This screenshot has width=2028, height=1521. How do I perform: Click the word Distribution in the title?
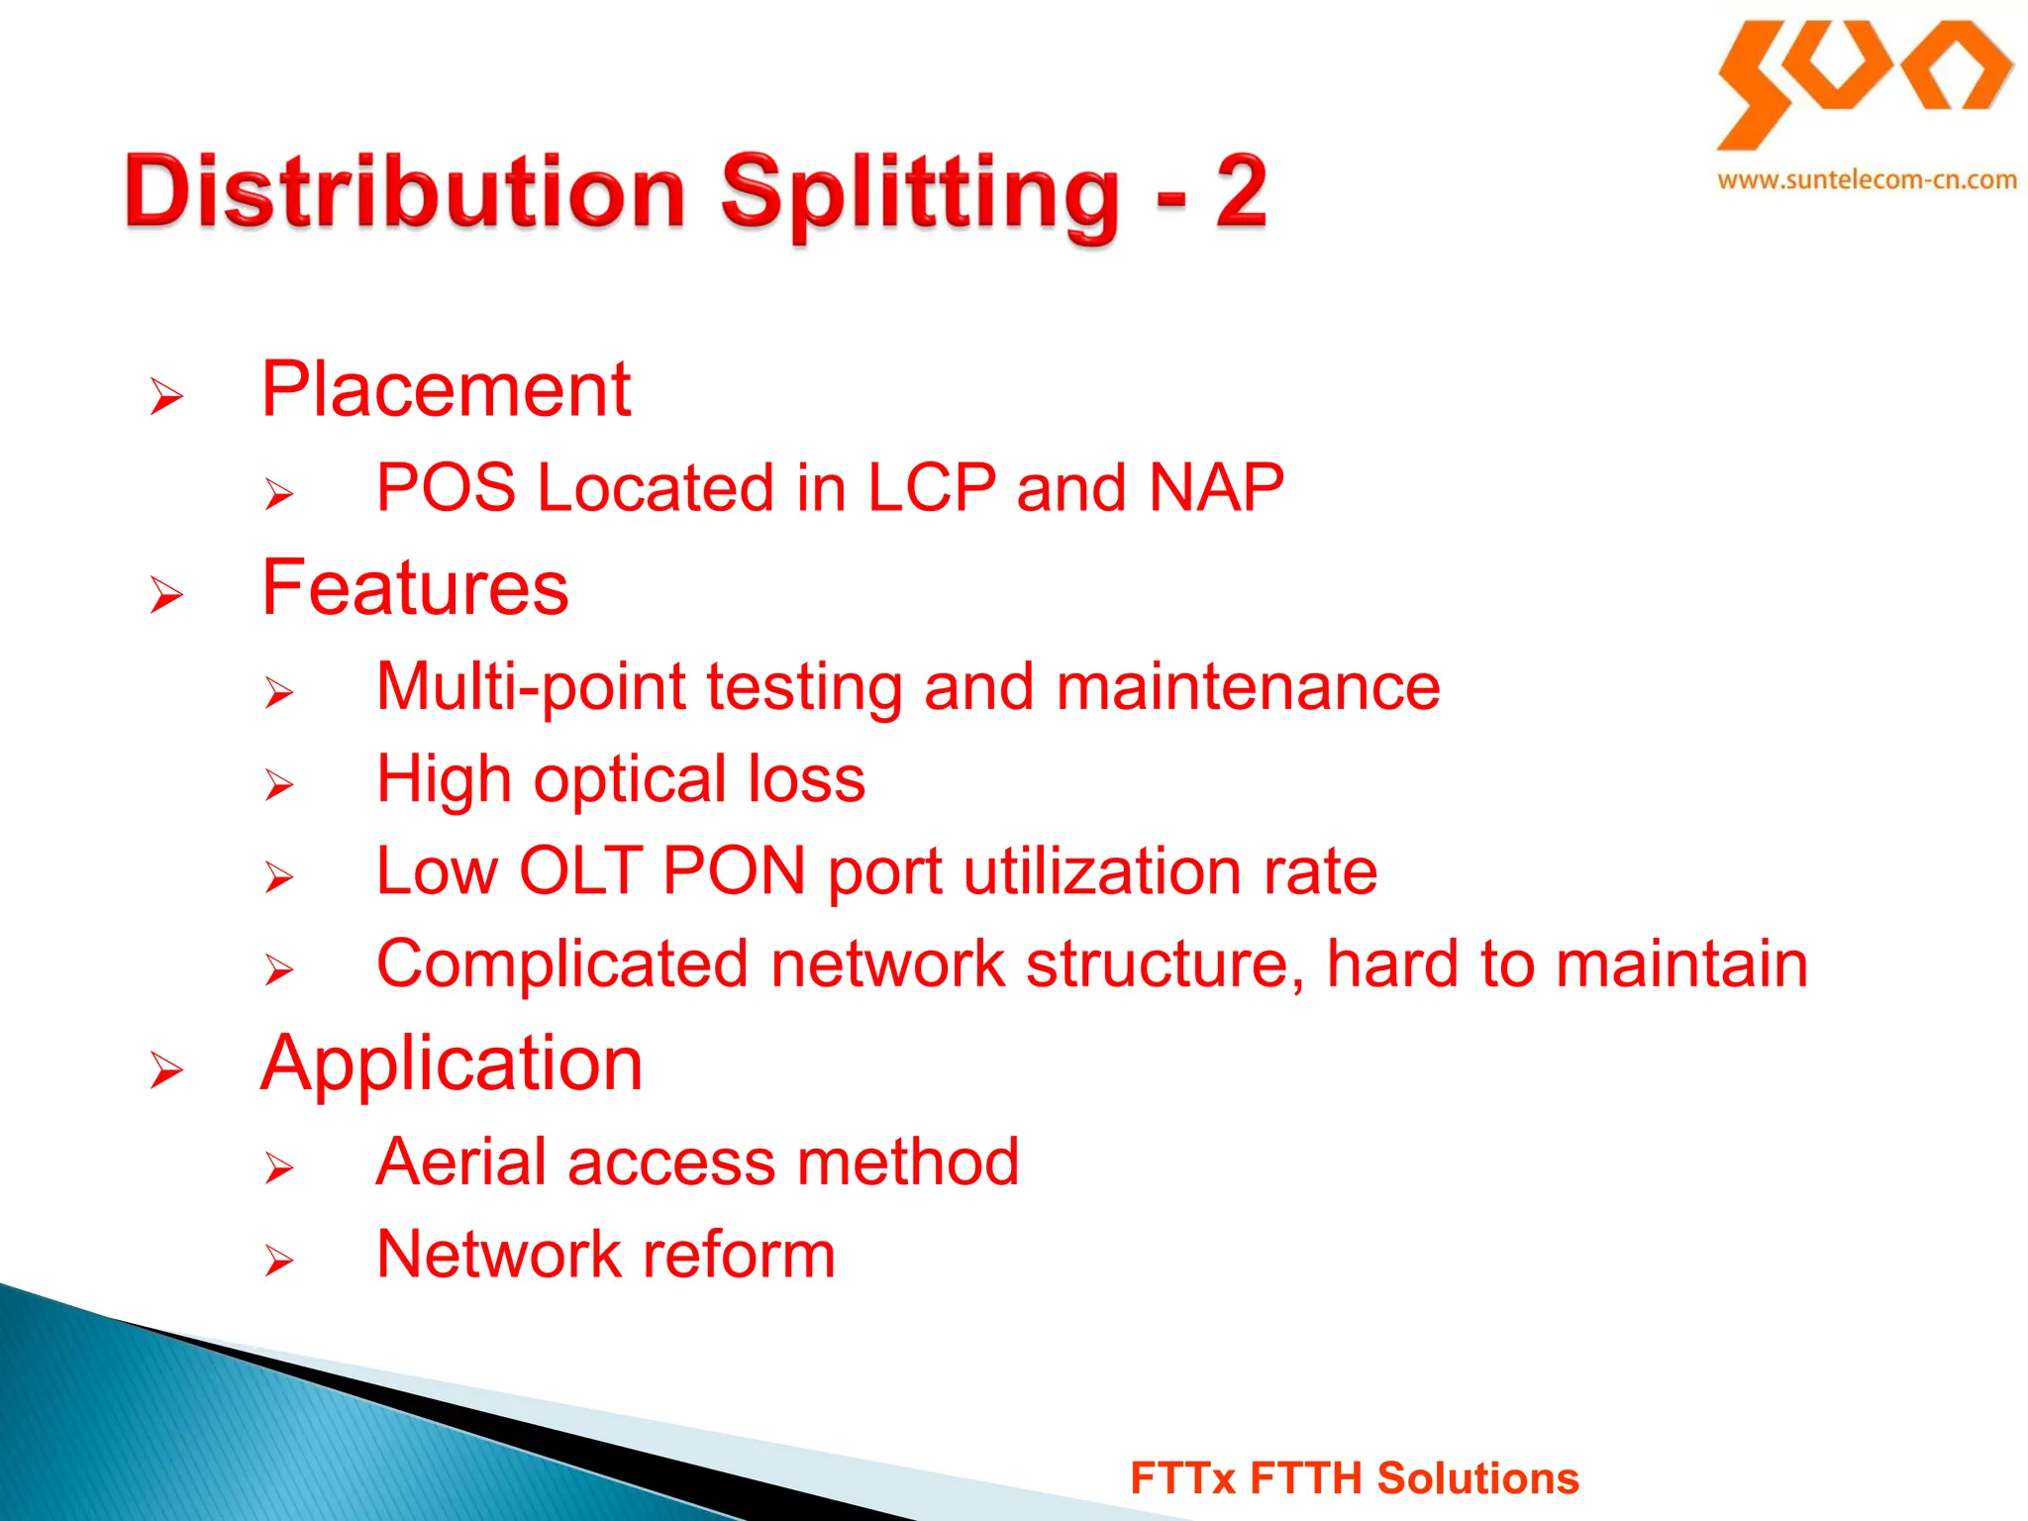click(404, 191)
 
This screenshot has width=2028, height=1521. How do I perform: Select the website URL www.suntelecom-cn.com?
click(1867, 180)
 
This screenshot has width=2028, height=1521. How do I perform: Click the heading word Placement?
click(446, 389)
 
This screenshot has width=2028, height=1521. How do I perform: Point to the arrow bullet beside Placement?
click(166, 396)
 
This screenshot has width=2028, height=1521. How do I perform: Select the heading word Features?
click(415, 587)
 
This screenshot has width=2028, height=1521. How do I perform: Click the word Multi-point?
click(531, 687)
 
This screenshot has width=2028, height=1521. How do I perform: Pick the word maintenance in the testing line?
click(1248, 687)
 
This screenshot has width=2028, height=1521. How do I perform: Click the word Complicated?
click(562, 963)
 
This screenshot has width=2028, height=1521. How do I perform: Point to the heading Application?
click(452, 1064)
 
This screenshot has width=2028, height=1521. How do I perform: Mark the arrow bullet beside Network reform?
click(279, 1261)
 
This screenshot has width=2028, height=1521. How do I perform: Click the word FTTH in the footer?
click(1306, 1478)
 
